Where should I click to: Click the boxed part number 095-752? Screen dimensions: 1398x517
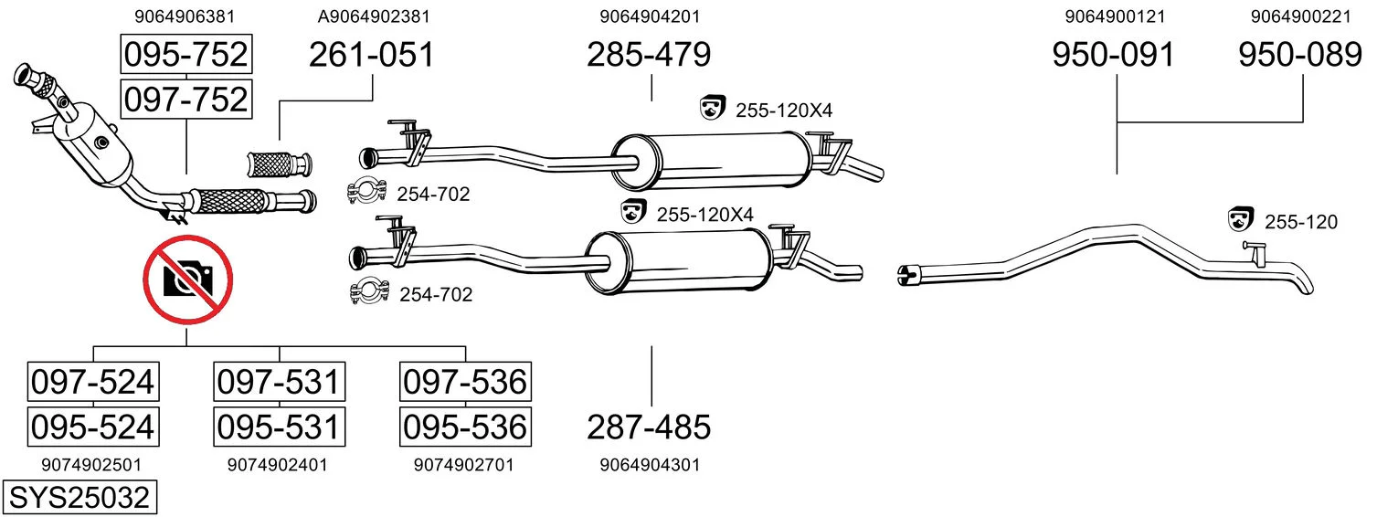point(186,54)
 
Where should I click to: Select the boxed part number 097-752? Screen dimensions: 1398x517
point(186,100)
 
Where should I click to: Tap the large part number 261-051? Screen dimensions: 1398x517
point(371,55)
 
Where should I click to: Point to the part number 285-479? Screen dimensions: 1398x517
point(649,55)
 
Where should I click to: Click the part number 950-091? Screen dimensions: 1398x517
point(1114,55)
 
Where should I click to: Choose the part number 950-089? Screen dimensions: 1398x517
point(1300,55)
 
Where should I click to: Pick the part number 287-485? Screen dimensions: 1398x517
point(649,427)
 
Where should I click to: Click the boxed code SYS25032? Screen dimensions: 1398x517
point(79,498)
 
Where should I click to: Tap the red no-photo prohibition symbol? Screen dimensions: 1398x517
point(188,280)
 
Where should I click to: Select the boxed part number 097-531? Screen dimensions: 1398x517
point(279,382)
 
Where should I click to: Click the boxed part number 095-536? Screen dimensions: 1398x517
point(465,427)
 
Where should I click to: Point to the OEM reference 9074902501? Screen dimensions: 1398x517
point(91,465)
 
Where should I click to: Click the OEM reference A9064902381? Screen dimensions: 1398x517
point(374,16)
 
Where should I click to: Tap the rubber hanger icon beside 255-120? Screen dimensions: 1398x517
point(1241,219)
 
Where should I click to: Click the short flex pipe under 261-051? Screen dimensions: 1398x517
point(280,164)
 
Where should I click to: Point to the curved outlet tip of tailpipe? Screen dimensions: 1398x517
point(1305,284)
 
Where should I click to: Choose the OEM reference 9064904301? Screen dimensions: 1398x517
point(650,465)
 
